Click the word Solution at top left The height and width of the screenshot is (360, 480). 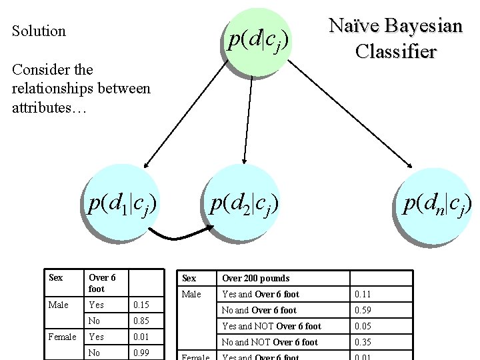click(x=39, y=31)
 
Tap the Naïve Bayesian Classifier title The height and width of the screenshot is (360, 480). click(x=395, y=39)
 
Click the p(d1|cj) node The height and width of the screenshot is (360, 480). click(x=122, y=201)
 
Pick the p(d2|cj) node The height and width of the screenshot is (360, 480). click(x=244, y=201)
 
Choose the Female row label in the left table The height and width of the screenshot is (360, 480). click(x=63, y=337)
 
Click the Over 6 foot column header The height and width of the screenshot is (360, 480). click(x=102, y=283)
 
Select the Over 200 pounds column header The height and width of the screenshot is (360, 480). click(x=255, y=278)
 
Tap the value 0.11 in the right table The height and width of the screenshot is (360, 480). click(x=363, y=294)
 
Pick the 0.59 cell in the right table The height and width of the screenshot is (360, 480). click(x=363, y=310)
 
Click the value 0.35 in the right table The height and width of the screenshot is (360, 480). click(x=363, y=342)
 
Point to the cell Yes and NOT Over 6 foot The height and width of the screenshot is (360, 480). click(x=271, y=326)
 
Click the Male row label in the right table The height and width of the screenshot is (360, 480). click(x=191, y=294)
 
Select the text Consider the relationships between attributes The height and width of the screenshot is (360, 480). click(x=81, y=88)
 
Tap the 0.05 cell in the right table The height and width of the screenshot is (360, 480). click(x=363, y=326)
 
